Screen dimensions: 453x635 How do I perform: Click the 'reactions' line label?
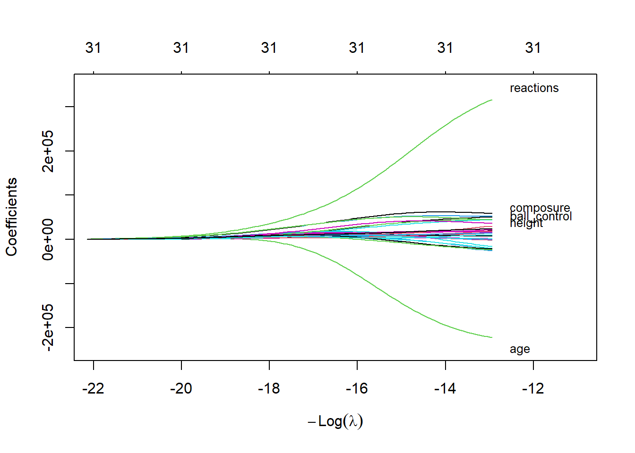(534, 88)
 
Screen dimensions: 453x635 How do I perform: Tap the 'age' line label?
(520, 349)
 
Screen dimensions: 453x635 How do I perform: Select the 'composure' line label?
(540, 208)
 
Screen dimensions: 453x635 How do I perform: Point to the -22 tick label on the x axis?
(94, 388)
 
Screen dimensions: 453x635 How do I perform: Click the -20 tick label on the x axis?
(181, 388)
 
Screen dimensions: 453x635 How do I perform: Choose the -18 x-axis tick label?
(269, 388)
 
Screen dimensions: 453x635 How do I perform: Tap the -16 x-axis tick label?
(357, 388)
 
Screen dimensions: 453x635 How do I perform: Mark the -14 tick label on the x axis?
(445, 388)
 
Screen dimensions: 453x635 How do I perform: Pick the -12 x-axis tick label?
(533, 388)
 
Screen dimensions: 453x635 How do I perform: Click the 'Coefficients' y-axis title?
(12, 217)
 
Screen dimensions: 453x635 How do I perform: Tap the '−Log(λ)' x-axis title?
(335, 421)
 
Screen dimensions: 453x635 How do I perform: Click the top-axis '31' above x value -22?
(94, 48)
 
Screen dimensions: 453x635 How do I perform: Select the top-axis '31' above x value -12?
(533, 48)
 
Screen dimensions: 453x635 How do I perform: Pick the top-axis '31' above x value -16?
(357, 48)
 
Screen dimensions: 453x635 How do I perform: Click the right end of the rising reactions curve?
(492, 100)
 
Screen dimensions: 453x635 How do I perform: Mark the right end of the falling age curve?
(492, 337)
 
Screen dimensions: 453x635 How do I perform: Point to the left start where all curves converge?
(88, 239)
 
